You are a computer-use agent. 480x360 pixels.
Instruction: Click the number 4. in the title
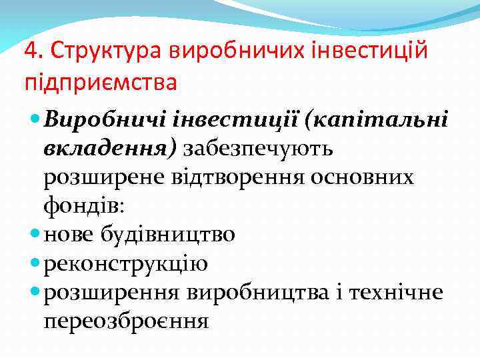pyautogui.click(x=32, y=51)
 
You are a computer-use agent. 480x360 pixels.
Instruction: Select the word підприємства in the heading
pyautogui.click(x=100, y=85)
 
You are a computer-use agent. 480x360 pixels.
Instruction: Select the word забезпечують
pyautogui.click(x=259, y=149)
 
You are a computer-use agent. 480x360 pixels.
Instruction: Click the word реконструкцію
pyautogui.click(x=126, y=263)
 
